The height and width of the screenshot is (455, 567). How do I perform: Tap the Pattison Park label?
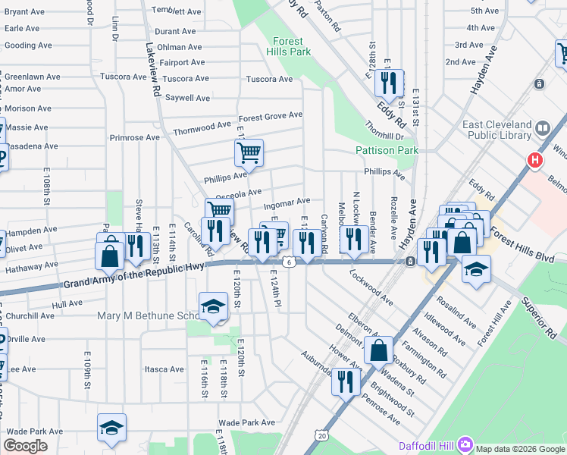pos(387,151)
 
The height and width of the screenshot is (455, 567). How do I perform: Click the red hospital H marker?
pos(535,161)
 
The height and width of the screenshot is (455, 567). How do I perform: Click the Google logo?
pos(26,446)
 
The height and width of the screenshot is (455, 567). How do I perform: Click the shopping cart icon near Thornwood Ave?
pos(249,154)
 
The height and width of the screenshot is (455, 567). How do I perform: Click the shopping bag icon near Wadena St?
pos(379,351)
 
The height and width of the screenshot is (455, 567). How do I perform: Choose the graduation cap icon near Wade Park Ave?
pos(111,428)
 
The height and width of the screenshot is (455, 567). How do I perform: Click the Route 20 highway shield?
pos(323,435)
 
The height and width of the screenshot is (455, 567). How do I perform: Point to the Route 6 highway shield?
pos(289,262)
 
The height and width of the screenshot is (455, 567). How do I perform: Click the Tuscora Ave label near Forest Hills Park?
pos(269,79)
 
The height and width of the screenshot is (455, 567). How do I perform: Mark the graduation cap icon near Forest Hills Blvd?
pos(476,269)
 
